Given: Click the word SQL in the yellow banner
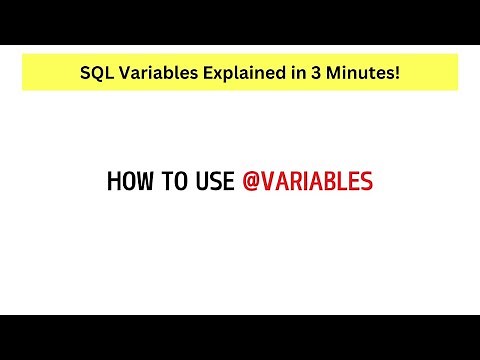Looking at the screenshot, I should click(x=98, y=73).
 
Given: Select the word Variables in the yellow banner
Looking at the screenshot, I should click(x=153, y=73).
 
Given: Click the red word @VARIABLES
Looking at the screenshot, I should click(x=308, y=182).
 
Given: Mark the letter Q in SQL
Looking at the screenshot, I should click(x=98, y=73).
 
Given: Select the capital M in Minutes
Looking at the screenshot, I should click(x=322, y=73).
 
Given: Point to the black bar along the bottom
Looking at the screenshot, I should click(x=240, y=337).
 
